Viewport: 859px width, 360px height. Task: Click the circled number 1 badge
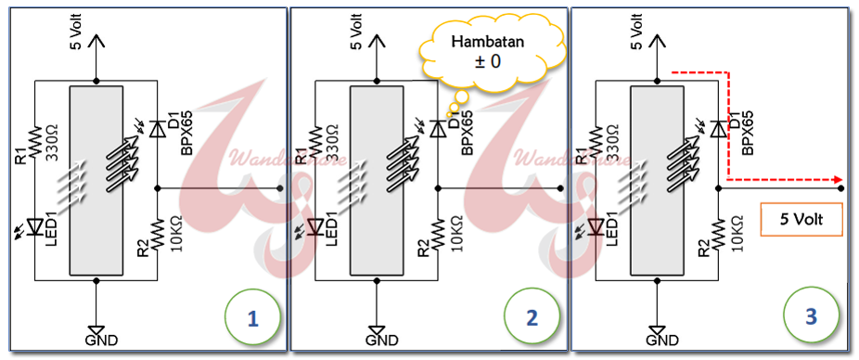[x=250, y=317]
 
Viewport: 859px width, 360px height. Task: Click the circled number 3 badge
[x=811, y=317]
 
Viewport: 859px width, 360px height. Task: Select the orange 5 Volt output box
[x=797, y=222]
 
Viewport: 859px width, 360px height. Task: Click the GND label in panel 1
[x=101, y=341]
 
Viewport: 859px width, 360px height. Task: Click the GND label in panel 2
[x=381, y=341]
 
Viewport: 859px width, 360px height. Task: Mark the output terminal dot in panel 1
[x=280, y=187]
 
